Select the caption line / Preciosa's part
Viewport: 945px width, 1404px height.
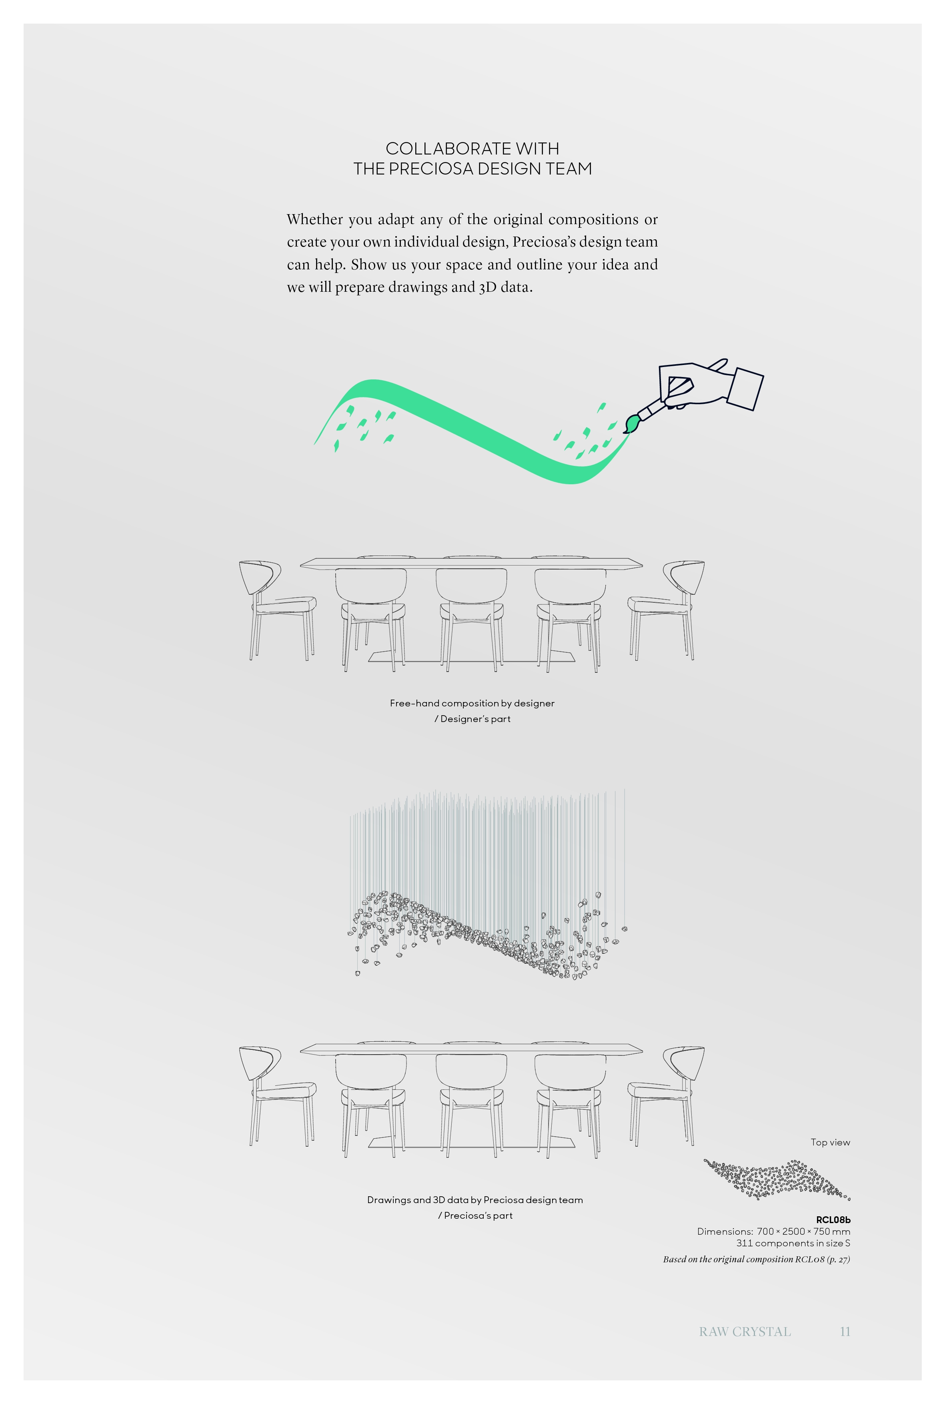[x=475, y=1215]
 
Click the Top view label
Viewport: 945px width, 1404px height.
[x=830, y=1142]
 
